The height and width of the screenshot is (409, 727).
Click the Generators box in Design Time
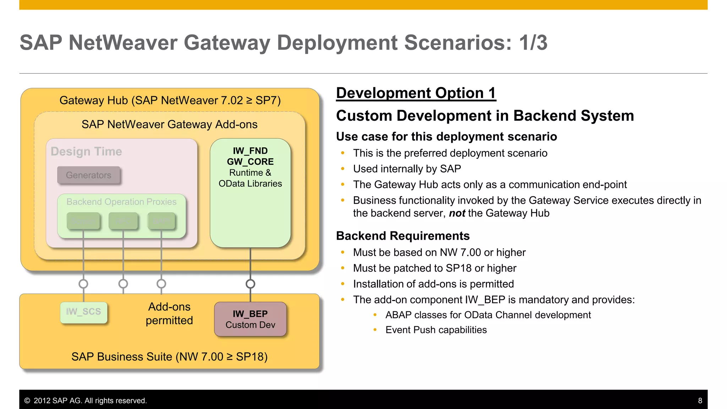tap(89, 175)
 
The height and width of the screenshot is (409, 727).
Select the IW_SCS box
tap(84, 312)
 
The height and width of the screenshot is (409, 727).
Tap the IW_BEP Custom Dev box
tap(250, 319)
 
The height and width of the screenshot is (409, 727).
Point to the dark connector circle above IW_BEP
tap(250, 284)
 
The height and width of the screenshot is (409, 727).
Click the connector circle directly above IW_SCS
tap(83, 284)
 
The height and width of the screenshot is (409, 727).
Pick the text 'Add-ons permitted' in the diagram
tap(169, 313)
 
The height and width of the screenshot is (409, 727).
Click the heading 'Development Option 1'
tap(416, 93)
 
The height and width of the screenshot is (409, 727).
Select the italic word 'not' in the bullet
tap(457, 213)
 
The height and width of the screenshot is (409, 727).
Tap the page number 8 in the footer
tap(700, 400)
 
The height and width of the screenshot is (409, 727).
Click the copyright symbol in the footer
tap(27, 400)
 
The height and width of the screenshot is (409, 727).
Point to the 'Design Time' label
tap(86, 152)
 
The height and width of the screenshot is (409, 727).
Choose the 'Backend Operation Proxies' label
tap(121, 202)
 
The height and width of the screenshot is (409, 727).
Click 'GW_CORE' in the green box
tap(250, 162)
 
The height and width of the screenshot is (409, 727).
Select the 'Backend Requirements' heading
tap(403, 236)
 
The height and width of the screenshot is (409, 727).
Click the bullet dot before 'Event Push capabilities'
tap(375, 330)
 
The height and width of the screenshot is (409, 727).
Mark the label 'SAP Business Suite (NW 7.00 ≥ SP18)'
tap(169, 356)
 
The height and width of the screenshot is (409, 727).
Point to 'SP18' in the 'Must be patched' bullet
tap(459, 268)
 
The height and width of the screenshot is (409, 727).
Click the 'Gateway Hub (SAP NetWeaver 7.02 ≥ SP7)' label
tap(170, 100)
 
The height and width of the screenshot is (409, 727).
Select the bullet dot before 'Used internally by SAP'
tap(343, 169)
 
